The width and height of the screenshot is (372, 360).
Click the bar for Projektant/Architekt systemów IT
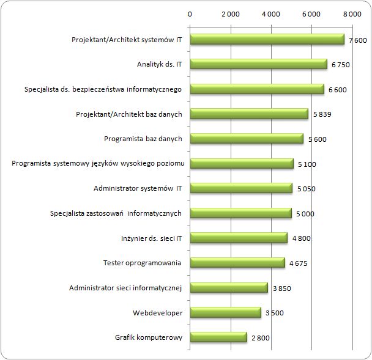pyautogui.click(x=267, y=39)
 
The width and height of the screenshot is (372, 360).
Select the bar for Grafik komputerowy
pyautogui.click(x=218, y=337)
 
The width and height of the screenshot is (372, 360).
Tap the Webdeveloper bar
pyautogui.click(x=226, y=312)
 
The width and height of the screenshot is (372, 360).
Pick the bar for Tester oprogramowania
pyautogui.click(x=237, y=263)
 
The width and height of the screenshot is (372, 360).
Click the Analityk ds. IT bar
pyautogui.click(x=259, y=64)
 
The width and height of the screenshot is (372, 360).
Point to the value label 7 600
pyautogui.click(x=358, y=40)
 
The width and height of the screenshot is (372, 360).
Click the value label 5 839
pyautogui.click(x=322, y=114)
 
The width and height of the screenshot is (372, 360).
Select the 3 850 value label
pyautogui.click(x=282, y=288)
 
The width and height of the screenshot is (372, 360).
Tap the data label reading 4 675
pyautogui.click(x=298, y=263)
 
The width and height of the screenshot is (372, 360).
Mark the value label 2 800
pyautogui.click(x=261, y=338)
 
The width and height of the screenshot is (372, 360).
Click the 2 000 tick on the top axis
pyautogui.click(x=231, y=14)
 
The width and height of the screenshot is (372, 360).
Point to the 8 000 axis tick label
pyautogui.click(x=352, y=14)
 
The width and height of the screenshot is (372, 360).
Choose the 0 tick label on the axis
pyautogui.click(x=190, y=14)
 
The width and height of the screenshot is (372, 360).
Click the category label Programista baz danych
pyautogui.click(x=143, y=139)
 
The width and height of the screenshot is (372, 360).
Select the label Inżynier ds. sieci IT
pyautogui.click(x=152, y=238)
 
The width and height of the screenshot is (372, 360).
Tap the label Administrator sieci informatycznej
pyautogui.click(x=125, y=288)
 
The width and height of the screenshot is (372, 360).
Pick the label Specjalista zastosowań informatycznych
pyautogui.click(x=116, y=213)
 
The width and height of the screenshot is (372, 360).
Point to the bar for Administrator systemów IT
pyautogui.click(x=241, y=188)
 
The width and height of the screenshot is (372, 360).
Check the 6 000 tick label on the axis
pyautogui.click(x=311, y=14)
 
